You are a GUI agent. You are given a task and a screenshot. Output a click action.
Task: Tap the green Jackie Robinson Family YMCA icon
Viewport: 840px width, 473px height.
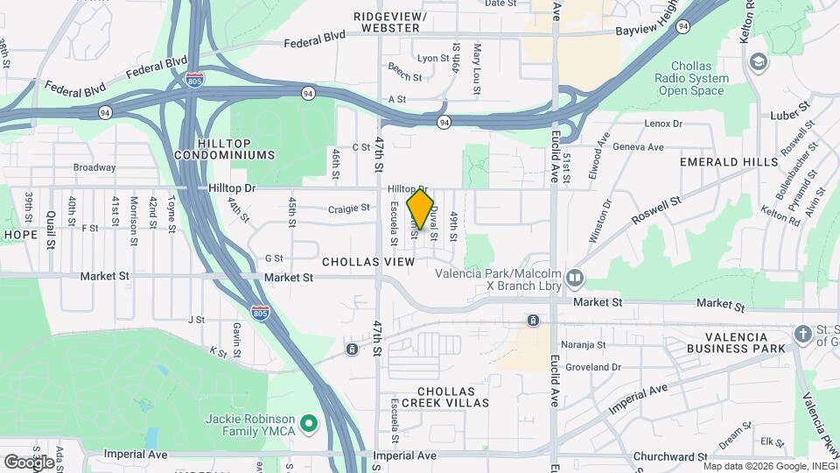point(308,425)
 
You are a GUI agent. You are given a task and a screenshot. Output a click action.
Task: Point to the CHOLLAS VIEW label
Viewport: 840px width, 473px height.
point(368,262)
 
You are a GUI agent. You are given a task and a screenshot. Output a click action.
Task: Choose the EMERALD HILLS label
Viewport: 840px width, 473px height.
point(728,162)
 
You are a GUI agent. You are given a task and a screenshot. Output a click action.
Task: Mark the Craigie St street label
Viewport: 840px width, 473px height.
point(350,208)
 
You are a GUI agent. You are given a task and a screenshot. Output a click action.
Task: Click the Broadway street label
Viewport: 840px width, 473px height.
point(94,167)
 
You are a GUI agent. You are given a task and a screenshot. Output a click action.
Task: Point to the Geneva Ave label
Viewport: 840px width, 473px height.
point(642,147)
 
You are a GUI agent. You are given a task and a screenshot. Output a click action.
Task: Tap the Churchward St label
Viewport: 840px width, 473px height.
point(671,456)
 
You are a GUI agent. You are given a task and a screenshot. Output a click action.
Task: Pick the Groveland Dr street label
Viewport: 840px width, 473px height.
point(592,367)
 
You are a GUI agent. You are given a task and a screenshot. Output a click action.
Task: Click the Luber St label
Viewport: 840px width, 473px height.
point(793,115)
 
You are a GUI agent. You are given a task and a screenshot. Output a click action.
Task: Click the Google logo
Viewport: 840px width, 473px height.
point(29,461)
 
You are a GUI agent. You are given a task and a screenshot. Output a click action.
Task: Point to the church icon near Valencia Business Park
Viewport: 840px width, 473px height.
point(803,334)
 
